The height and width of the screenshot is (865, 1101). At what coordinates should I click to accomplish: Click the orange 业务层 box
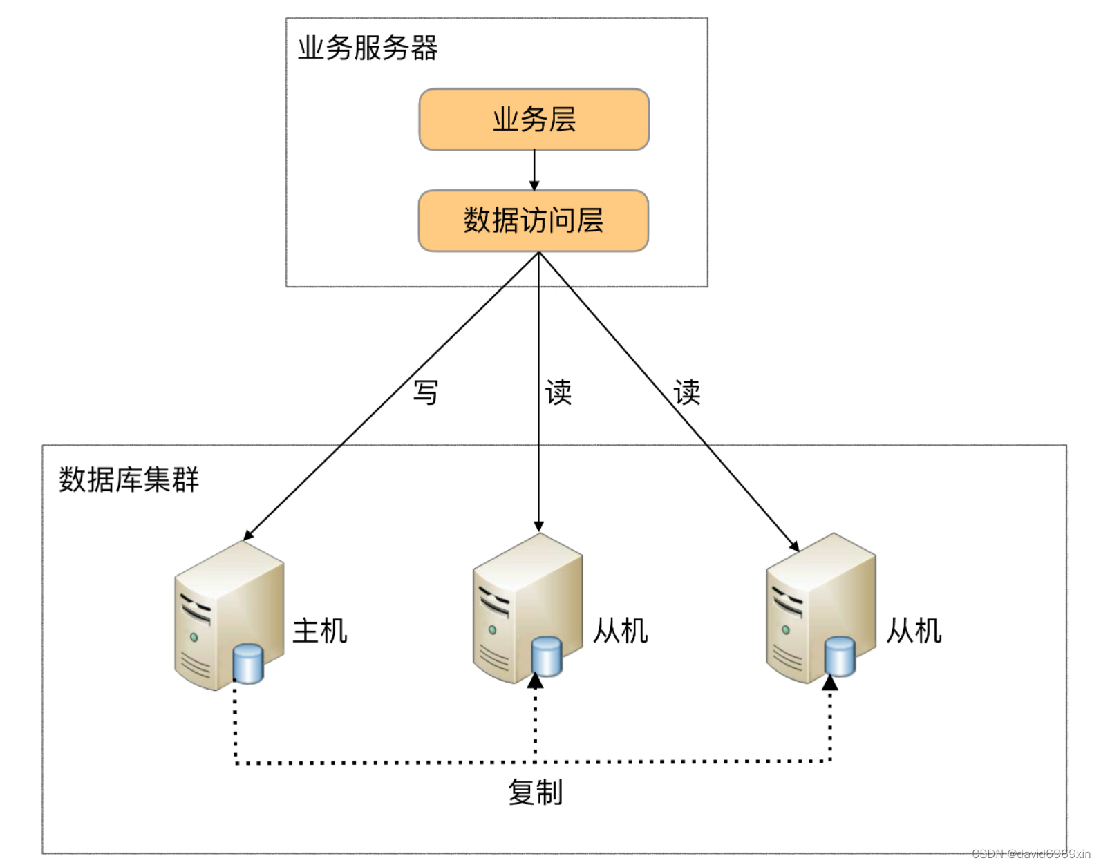click(534, 120)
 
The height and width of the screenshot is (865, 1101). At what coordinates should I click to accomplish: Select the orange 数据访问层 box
click(533, 220)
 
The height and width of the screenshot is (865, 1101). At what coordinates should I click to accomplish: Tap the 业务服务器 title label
click(367, 48)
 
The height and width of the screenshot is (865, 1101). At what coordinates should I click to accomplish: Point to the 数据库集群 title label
click(129, 479)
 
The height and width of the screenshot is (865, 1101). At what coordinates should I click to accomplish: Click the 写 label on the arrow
click(426, 392)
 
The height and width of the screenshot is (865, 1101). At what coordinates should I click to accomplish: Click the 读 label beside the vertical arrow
click(558, 392)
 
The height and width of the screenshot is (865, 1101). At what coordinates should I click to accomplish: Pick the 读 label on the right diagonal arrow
click(687, 392)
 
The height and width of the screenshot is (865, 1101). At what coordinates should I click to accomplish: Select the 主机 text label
click(319, 631)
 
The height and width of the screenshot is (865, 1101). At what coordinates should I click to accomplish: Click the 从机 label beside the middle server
click(621, 631)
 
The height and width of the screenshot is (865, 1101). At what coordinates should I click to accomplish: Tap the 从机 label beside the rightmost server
click(914, 631)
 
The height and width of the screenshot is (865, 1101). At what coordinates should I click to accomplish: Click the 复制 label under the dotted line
click(536, 792)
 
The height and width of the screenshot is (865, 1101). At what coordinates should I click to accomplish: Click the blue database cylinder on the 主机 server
click(248, 663)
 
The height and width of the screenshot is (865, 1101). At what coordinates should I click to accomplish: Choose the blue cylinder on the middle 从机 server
click(547, 656)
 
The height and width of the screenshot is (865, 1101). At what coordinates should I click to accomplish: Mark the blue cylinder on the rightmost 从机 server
click(840, 656)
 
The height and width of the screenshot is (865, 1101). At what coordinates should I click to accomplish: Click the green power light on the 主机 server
click(194, 637)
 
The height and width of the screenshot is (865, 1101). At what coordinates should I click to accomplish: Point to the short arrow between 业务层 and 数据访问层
click(534, 169)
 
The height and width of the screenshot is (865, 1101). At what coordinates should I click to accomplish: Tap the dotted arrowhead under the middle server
click(535, 681)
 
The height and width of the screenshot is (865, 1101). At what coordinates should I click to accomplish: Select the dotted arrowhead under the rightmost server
click(830, 683)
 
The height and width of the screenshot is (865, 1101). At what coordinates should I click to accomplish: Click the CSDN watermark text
click(1031, 854)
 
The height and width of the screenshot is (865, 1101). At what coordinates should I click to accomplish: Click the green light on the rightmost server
click(786, 629)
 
